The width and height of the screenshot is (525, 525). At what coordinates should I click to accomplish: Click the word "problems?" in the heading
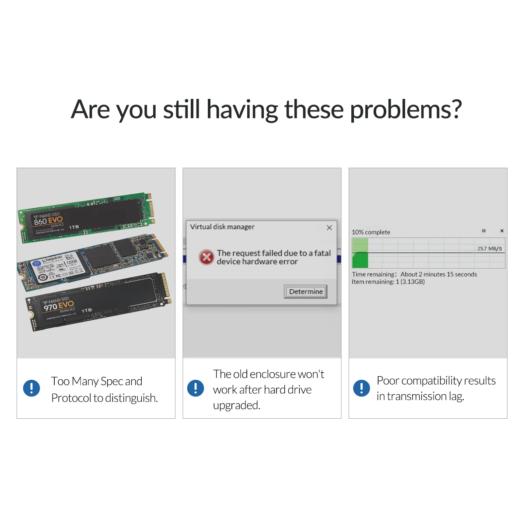(406, 109)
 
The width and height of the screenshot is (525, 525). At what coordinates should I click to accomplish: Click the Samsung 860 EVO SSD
(87, 217)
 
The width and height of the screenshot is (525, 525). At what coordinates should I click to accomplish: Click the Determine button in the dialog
(306, 292)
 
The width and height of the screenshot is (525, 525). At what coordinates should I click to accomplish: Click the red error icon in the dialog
(206, 257)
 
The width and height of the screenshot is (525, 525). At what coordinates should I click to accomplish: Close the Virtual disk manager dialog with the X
(329, 227)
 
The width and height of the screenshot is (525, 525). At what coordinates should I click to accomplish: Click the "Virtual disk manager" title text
(222, 227)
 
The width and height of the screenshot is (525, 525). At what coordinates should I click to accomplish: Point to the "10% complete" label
(371, 232)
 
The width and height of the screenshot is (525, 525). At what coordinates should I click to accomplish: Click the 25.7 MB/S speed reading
(490, 248)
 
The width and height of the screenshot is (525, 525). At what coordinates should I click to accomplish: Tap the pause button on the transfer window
(484, 231)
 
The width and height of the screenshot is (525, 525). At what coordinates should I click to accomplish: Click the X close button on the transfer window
(502, 231)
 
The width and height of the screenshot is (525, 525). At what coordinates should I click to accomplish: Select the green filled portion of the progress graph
(360, 259)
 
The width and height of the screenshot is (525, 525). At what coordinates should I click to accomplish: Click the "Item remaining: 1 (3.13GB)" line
(388, 282)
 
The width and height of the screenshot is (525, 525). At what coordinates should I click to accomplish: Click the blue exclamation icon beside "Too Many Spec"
(31, 388)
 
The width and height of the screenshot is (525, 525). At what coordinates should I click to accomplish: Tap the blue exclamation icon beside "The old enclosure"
(196, 388)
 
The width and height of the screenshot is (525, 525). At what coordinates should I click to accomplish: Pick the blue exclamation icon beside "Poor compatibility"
(361, 388)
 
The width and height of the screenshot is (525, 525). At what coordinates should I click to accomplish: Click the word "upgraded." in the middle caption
(237, 406)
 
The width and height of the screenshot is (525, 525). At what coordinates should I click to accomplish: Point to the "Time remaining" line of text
(414, 274)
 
